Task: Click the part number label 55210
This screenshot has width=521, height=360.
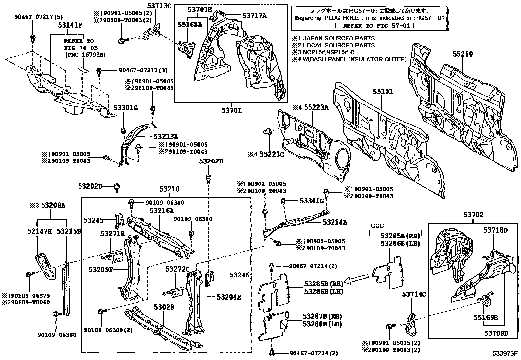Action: (x=462, y=54)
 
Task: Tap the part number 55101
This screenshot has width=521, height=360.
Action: (x=383, y=92)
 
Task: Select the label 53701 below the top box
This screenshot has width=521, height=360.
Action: (x=231, y=110)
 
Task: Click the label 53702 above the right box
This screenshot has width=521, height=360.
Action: (x=473, y=215)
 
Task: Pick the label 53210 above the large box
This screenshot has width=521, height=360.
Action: (x=170, y=189)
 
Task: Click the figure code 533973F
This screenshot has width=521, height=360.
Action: (x=505, y=354)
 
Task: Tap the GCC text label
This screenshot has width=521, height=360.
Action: (x=377, y=226)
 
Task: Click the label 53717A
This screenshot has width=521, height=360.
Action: (x=254, y=15)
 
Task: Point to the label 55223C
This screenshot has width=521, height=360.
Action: (x=272, y=154)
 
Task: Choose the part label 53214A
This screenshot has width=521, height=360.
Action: (x=335, y=222)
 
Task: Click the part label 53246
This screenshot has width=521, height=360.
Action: (x=239, y=275)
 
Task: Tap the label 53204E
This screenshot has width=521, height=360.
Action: (x=229, y=297)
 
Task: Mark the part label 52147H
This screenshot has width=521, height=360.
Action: (x=39, y=231)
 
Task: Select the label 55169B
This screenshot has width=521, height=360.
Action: (x=486, y=317)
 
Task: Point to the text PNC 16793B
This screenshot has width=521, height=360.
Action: (x=85, y=55)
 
